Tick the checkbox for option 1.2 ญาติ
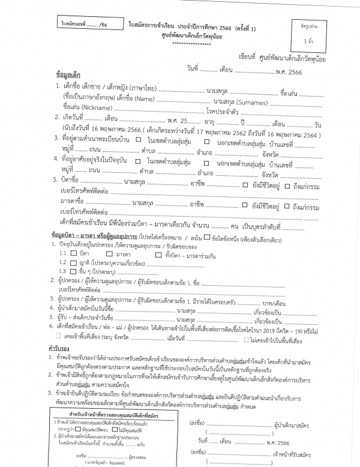pos(83,262)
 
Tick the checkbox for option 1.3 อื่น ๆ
pos(83,271)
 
